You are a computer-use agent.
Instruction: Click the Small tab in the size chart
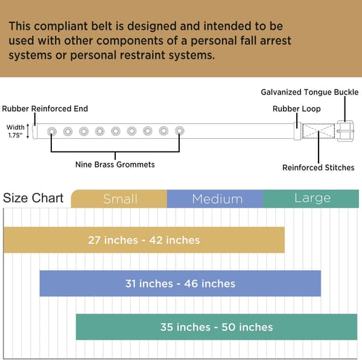point(119,199)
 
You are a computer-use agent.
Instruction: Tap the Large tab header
point(311,199)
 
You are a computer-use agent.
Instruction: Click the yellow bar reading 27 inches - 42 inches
point(144,240)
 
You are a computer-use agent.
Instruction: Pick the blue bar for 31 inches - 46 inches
point(180,283)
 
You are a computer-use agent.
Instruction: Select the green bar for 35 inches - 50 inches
point(217,327)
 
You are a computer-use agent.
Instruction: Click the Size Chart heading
point(33,198)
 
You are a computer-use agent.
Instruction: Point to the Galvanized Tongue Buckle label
point(310,92)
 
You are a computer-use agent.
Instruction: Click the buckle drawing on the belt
point(345,131)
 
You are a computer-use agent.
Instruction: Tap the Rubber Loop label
point(297,109)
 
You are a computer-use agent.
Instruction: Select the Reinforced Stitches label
point(319,167)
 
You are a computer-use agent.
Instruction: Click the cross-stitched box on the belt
point(319,131)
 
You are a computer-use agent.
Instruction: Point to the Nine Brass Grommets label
point(115,164)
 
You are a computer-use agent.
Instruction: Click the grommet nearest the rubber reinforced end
point(52,132)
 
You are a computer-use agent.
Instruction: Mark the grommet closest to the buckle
point(180,131)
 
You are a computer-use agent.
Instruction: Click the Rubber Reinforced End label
point(45,109)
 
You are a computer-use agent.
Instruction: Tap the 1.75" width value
point(16,135)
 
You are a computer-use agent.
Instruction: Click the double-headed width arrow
point(28,131)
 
